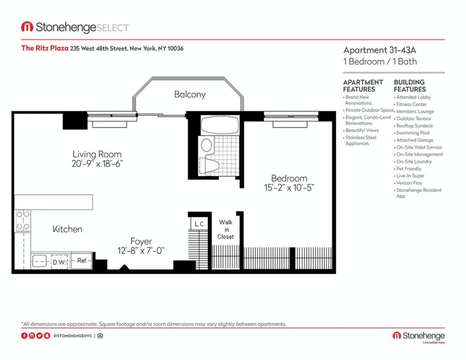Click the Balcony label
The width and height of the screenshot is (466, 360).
[190, 94]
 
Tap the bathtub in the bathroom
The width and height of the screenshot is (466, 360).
[220, 125]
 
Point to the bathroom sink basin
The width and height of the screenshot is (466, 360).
[206, 145]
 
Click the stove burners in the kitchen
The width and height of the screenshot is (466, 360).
[23, 220]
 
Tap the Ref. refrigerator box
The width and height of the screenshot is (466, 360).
[82, 261]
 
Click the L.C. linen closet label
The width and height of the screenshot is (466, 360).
[200, 224]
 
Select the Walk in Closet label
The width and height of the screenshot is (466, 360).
[226, 230]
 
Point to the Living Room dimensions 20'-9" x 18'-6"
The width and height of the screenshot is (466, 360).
[97, 164]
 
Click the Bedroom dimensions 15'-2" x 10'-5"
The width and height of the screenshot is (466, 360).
[289, 188]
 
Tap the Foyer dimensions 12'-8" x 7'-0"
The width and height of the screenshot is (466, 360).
[141, 250]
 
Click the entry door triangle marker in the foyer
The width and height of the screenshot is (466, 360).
[124, 267]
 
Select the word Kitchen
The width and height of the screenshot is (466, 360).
[67, 229]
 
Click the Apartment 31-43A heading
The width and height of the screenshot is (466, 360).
[379, 50]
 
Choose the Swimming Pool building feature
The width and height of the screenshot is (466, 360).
[412, 133]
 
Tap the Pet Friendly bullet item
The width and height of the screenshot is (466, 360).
[409, 169]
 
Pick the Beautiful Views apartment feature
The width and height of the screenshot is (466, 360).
[362, 130]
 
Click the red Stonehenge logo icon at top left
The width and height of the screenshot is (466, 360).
[27, 27]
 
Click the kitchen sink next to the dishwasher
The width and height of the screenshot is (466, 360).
[39, 261]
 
